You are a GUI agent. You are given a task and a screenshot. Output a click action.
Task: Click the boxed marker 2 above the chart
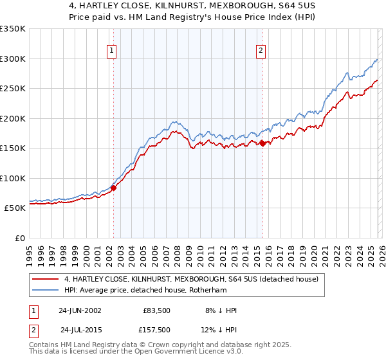261,51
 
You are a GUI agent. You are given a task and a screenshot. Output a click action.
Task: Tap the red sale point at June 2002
113,188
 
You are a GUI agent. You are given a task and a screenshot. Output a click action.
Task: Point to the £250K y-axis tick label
13,89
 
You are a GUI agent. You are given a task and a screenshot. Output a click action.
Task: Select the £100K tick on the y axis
13,178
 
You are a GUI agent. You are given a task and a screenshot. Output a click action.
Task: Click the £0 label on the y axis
19,238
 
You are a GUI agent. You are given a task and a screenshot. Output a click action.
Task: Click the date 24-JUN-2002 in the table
80,310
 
